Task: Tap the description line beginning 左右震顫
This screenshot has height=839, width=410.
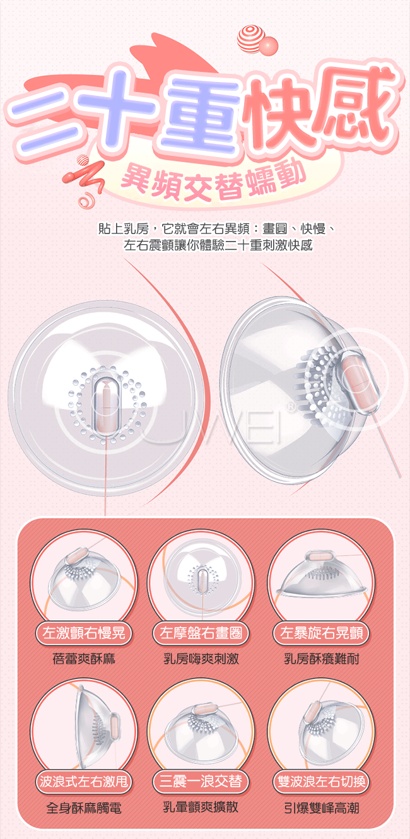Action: coord(218,245)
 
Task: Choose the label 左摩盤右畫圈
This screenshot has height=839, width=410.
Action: coord(200,633)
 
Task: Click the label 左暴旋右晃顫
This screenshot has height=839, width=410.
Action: coord(321,633)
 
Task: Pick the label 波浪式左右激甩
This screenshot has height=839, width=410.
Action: coord(84,783)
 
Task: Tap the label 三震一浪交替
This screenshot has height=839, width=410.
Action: coord(200,783)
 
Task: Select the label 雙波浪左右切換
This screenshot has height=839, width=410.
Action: coord(321,783)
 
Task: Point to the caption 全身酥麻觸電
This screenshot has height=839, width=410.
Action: coord(84,807)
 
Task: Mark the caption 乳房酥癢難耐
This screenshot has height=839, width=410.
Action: coord(321,659)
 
